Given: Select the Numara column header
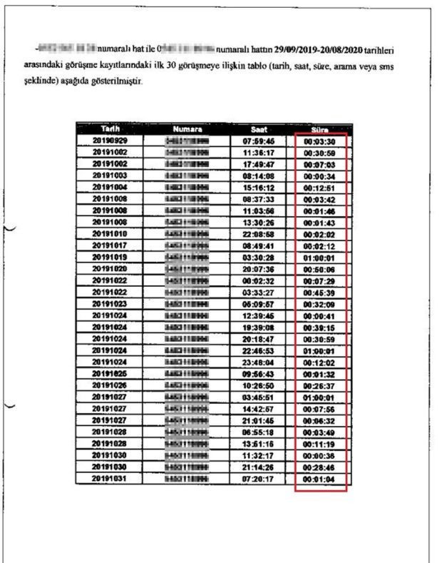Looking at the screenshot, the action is tap(187, 129).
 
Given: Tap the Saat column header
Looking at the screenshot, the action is tap(259, 129).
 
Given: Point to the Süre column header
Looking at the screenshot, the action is tap(319, 130).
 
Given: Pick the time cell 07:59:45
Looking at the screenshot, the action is tap(259, 141).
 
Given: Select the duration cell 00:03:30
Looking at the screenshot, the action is tap(319, 141).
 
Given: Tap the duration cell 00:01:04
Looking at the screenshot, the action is tap(319, 478).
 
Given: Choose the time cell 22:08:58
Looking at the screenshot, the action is tap(259, 234).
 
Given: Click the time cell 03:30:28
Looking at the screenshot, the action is tap(259, 257).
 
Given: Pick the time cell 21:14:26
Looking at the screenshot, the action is tap(259, 467).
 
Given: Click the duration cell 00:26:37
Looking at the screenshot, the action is tap(319, 385).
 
